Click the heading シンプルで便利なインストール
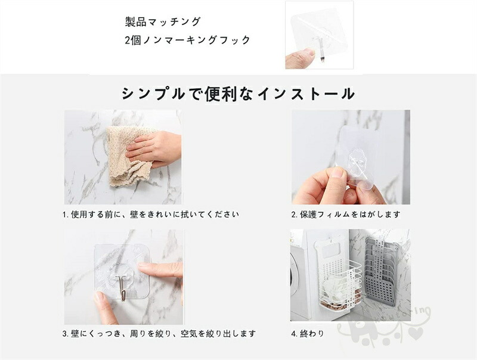pos(238,94)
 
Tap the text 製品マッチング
pos(163,21)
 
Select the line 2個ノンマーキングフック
pos(187,40)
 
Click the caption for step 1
pos(151,215)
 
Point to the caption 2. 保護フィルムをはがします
pos(346,215)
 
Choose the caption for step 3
pos(159,334)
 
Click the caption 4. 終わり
pos(308,334)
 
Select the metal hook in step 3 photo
pos(122,287)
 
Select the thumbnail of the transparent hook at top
pos(319,35)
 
